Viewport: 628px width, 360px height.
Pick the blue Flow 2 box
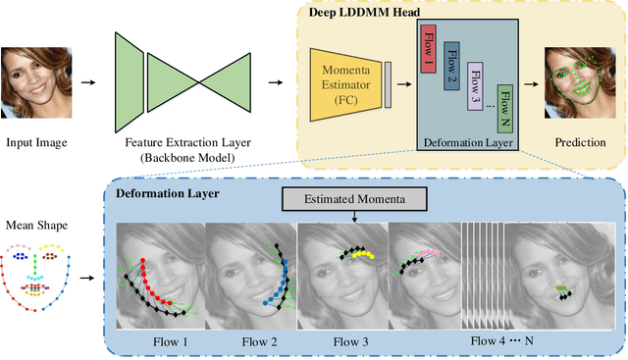451,66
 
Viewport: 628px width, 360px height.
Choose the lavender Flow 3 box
477,85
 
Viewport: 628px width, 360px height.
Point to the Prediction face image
576,83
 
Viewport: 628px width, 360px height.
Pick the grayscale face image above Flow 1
159,277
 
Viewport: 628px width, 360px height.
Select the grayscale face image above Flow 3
340,277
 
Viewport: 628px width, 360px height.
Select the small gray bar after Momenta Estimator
388,84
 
